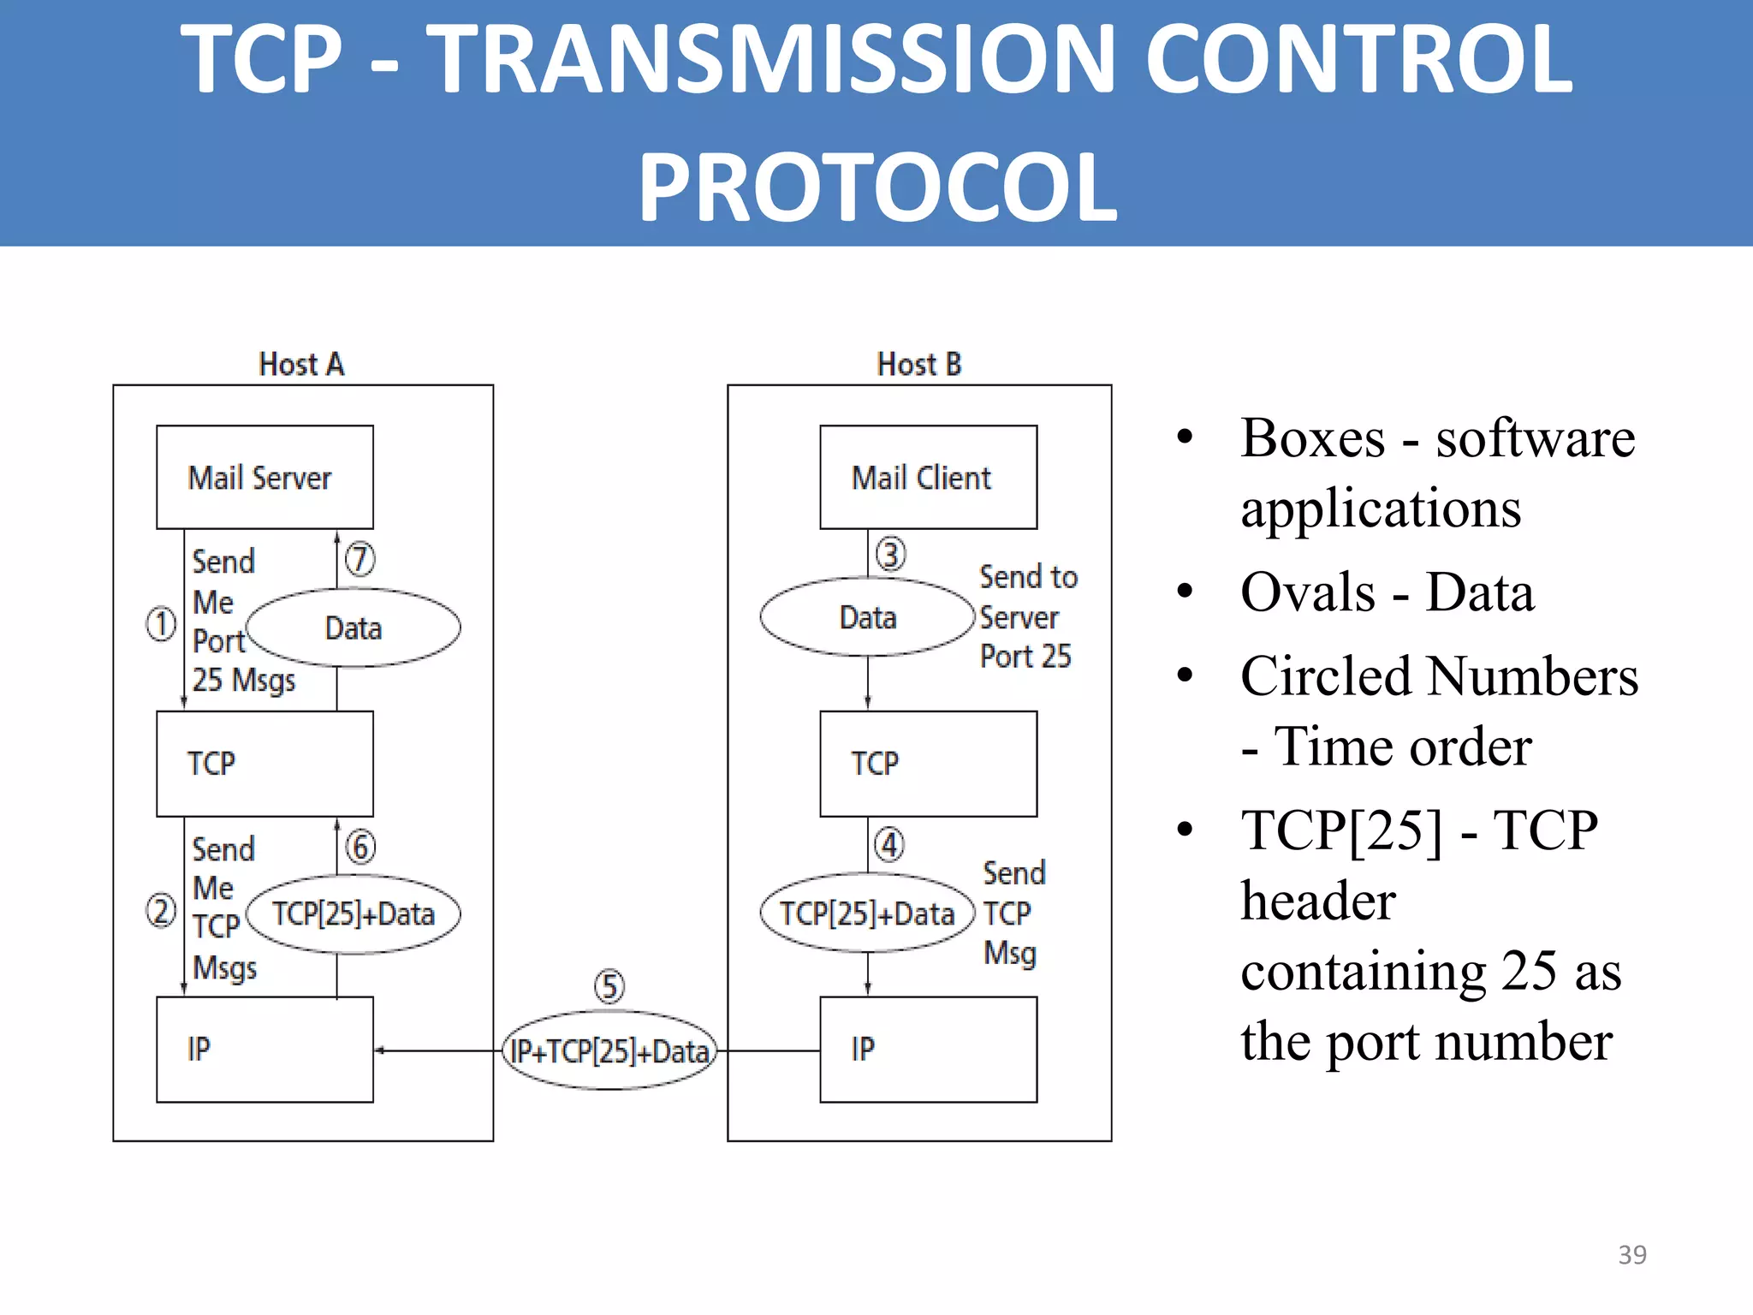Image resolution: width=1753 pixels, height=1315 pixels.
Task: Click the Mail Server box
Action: tap(264, 477)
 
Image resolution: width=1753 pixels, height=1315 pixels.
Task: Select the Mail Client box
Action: tap(928, 477)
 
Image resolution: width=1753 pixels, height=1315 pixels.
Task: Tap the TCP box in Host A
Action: tap(264, 763)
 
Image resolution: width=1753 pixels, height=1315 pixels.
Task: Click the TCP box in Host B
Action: tap(928, 763)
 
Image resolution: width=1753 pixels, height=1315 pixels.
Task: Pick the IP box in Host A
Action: tap(264, 1049)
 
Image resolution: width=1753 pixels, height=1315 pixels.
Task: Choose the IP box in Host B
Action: tap(928, 1049)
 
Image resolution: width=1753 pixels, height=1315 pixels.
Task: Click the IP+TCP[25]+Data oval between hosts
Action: tap(609, 1050)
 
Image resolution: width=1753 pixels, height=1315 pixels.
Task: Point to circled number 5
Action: tap(609, 986)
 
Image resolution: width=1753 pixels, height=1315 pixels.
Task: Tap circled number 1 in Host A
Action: tap(161, 624)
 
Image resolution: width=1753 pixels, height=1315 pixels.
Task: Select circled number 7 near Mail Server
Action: tap(360, 559)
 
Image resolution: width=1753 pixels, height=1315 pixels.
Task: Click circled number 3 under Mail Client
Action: tap(890, 555)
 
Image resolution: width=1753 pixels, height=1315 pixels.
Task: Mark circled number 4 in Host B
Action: tap(889, 845)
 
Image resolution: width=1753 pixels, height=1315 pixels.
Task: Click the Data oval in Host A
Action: tap(353, 628)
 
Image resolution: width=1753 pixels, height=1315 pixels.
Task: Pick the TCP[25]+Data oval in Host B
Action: tap(867, 913)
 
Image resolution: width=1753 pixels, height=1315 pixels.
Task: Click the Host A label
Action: tap(301, 365)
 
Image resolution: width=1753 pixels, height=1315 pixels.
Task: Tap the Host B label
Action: tap(919, 365)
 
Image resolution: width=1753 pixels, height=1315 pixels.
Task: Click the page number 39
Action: tap(1631, 1254)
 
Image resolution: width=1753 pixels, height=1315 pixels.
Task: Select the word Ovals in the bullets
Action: tap(1308, 592)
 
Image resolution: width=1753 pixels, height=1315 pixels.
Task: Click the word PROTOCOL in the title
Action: tap(876, 187)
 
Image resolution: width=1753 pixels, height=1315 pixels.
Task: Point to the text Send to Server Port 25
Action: tap(1026, 616)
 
